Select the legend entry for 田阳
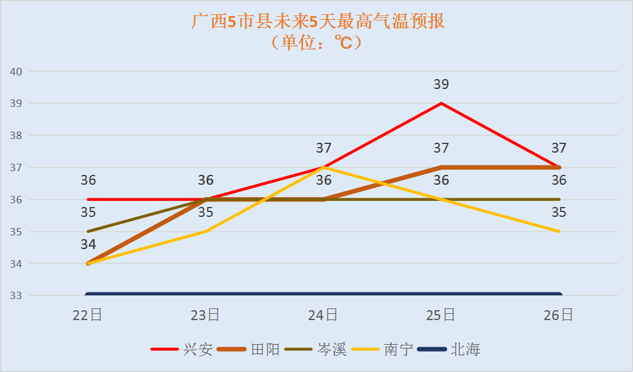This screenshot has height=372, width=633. pos(266,350)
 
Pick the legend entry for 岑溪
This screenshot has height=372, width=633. pos(333,350)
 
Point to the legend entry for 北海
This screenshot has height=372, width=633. pos(465,350)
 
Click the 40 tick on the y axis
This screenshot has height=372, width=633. pos(16,71)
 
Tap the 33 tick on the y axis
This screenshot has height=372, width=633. pos(16,295)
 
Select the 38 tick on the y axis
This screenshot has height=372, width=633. pos(16,135)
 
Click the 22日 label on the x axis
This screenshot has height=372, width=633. pos(88,315)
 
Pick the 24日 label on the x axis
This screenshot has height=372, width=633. pos(323,315)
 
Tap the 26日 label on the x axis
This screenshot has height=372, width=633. pos(559,315)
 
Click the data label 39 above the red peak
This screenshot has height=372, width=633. pos(441,85)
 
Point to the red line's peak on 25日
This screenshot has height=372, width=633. pos(441,103)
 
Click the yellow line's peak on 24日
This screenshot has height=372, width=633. pos(324,167)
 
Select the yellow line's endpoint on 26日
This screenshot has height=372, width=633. pos(559,231)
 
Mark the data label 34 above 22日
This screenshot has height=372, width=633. pos(88,245)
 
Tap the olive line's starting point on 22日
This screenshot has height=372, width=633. pos(88,231)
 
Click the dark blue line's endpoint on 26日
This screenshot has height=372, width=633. pos(559,295)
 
